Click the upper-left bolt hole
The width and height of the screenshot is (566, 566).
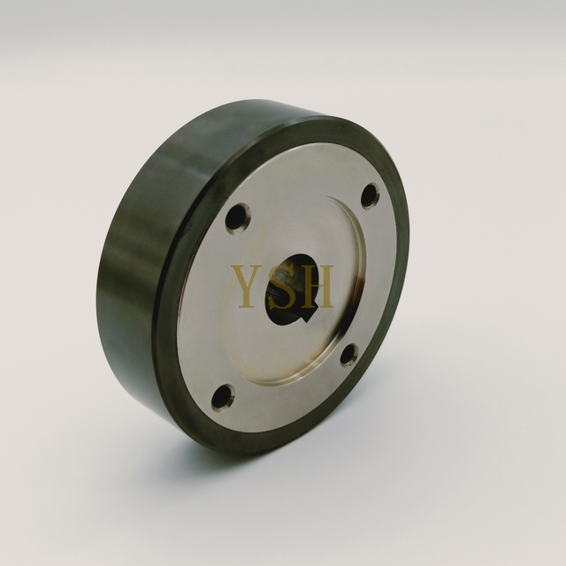pos(237,217)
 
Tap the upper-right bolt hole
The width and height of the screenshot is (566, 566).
pos(370,195)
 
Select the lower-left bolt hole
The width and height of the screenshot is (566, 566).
pos(223,397)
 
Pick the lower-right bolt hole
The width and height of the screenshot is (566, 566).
pos(348,355)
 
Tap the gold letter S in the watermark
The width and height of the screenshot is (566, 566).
pos(285,285)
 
